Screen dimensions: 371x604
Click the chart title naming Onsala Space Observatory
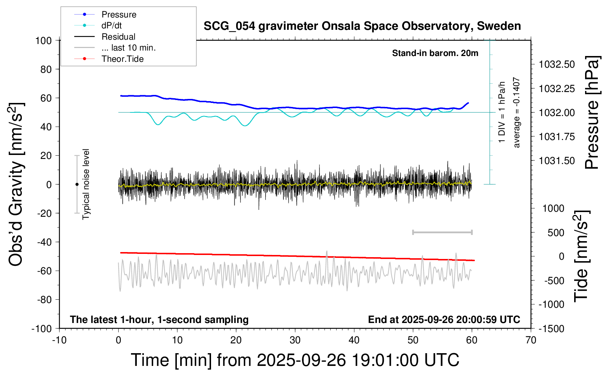coord(362,26)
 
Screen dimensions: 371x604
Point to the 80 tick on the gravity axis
coord(46,69)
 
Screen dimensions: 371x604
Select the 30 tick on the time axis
coord(295,340)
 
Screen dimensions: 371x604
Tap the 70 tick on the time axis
coord(531,340)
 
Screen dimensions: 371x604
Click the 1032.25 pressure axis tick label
coord(557,89)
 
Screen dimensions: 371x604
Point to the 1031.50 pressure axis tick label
coord(557,161)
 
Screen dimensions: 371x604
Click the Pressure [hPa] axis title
coord(592,113)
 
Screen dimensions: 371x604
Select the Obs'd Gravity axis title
coord(16,184)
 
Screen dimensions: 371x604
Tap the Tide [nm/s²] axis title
coord(581,256)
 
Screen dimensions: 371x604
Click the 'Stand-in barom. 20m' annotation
coord(435,53)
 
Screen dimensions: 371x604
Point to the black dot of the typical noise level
coord(77,184)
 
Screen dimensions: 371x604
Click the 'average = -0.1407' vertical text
coord(517,112)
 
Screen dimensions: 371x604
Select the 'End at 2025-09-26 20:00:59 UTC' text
coord(444,319)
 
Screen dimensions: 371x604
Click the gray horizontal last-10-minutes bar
coord(442,232)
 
